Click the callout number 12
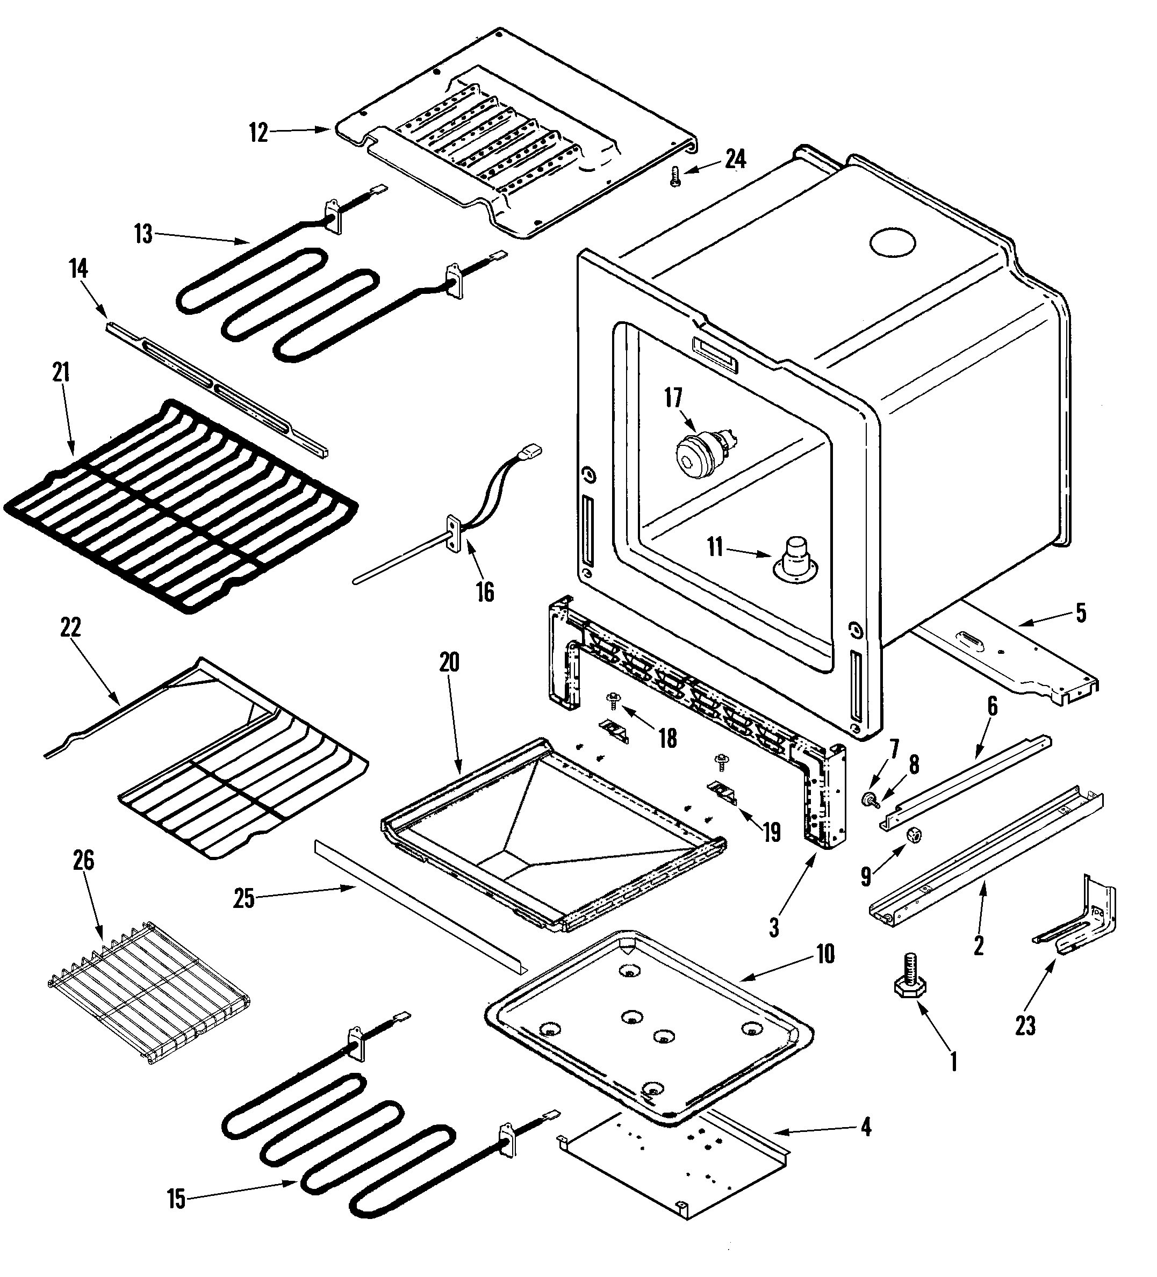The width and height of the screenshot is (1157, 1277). tap(258, 134)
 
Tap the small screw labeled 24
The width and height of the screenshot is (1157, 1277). tap(675, 176)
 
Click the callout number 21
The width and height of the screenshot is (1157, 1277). tap(60, 372)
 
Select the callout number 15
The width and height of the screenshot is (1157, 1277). tap(176, 1199)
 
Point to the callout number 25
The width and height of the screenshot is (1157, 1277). tap(244, 899)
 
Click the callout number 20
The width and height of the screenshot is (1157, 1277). tap(449, 662)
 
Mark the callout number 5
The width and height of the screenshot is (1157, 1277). tap(1080, 612)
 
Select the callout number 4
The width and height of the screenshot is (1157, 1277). tap(866, 1127)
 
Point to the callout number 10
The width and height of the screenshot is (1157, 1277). tap(825, 954)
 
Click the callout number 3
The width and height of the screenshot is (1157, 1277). tap(774, 929)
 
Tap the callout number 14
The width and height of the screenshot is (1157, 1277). tap(78, 269)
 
